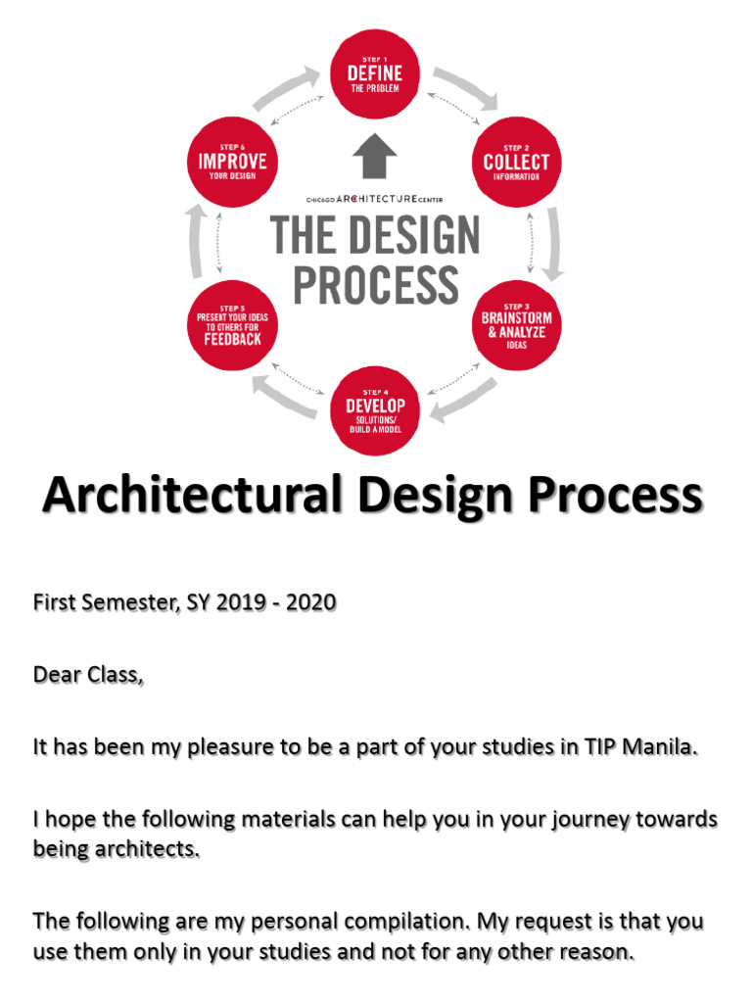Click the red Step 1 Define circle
pyautogui.click(x=375, y=75)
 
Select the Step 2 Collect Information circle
pyautogui.click(x=517, y=163)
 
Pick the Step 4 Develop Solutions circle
pyautogui.click(x=375, y=411)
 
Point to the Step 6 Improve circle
pyautogui.click(x=231, y=163)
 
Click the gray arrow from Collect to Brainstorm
pyautogui.click(x=554, y=244)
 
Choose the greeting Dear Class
pyautogui.click(x=88, y=675)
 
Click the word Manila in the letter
pyautogui.click(x=662, y=747)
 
